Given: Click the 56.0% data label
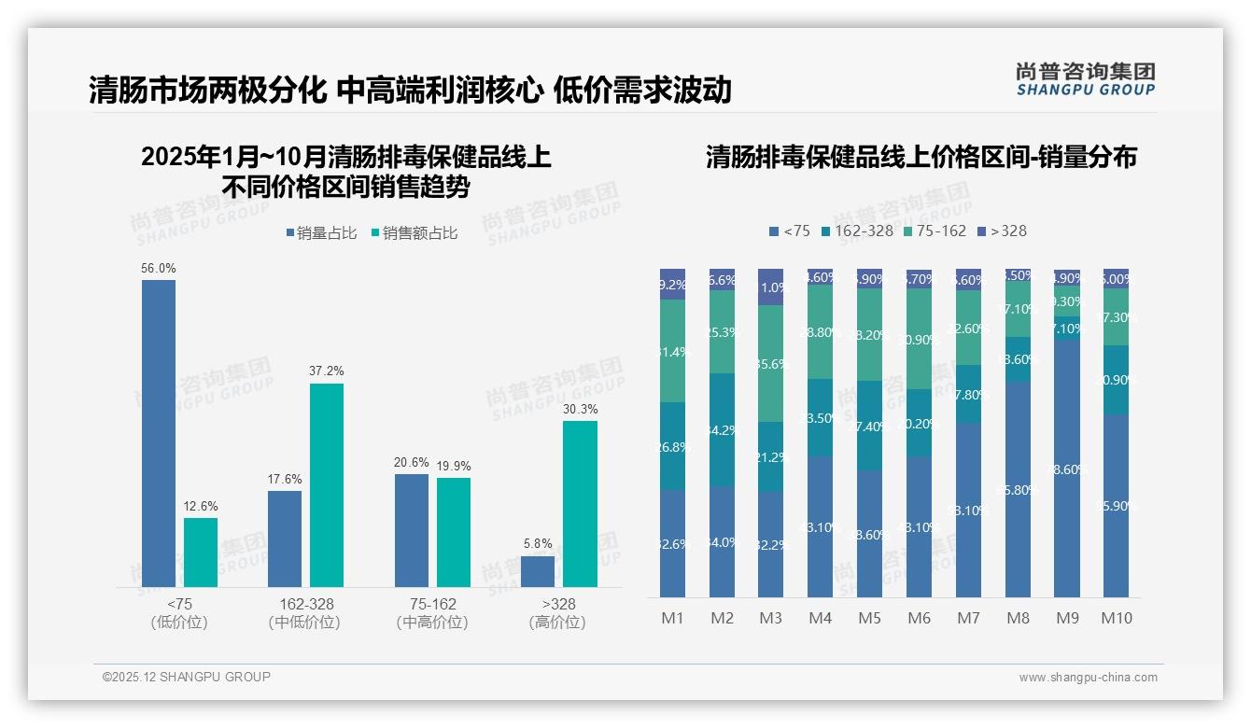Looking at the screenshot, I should pos(159,268).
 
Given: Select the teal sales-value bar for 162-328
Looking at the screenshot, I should pos(327,484).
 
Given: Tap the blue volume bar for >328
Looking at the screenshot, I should pos(538,571).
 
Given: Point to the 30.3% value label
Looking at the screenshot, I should pos(580,409).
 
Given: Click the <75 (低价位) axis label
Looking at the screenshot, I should pos(179,613).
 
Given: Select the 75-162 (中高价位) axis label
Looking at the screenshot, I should pos(432,613).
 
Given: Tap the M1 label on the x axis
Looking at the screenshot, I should pos(672,618).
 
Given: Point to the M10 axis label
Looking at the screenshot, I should pos(1116,618).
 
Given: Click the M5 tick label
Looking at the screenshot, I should pos(869,618).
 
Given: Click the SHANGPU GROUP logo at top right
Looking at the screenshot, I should pos(1085,79).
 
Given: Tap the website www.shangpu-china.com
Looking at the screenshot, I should pos(1088,678).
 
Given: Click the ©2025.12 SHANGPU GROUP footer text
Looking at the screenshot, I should pos(187,677).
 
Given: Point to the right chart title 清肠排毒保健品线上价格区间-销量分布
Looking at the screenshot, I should pos(921,157).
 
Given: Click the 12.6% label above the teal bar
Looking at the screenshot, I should pos(201,506).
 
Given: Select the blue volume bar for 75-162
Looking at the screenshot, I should pos(412,530).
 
